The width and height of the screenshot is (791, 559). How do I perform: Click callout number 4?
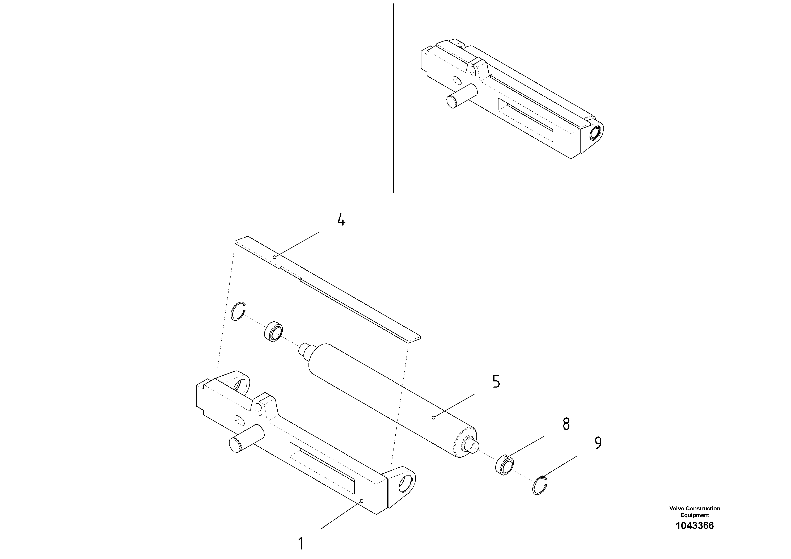(341, 220)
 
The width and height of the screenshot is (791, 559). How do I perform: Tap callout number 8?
(566, 424)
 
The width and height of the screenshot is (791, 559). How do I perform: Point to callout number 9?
(598, 443)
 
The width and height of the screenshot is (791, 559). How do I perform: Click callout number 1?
(301, 544)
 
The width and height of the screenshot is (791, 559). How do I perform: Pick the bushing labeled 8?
(505, 466)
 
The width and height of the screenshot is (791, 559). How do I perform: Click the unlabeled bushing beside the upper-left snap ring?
(274, 331)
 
